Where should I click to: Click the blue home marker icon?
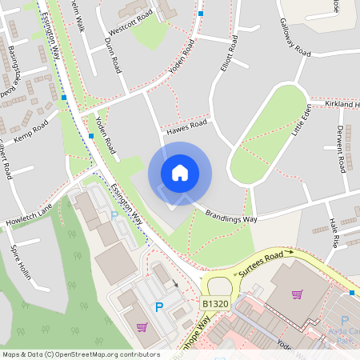[x=180, y=173]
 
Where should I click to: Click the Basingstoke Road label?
[x=15, y=69]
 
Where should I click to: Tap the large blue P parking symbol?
[x=158, y=306]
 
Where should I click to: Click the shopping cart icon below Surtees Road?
[x=298, y=294]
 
